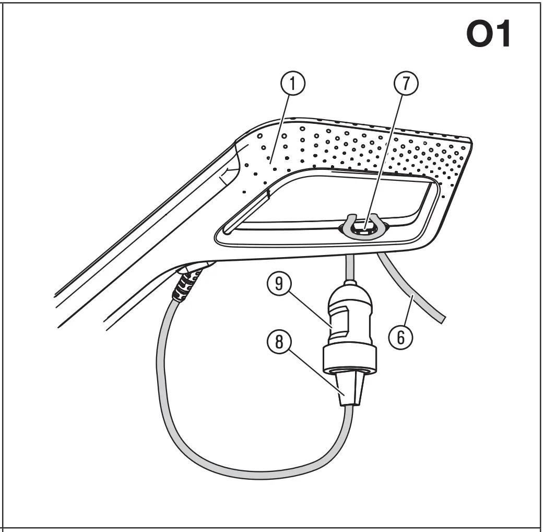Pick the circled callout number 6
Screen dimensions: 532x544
399,338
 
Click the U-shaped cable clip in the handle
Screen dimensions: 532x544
364,230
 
